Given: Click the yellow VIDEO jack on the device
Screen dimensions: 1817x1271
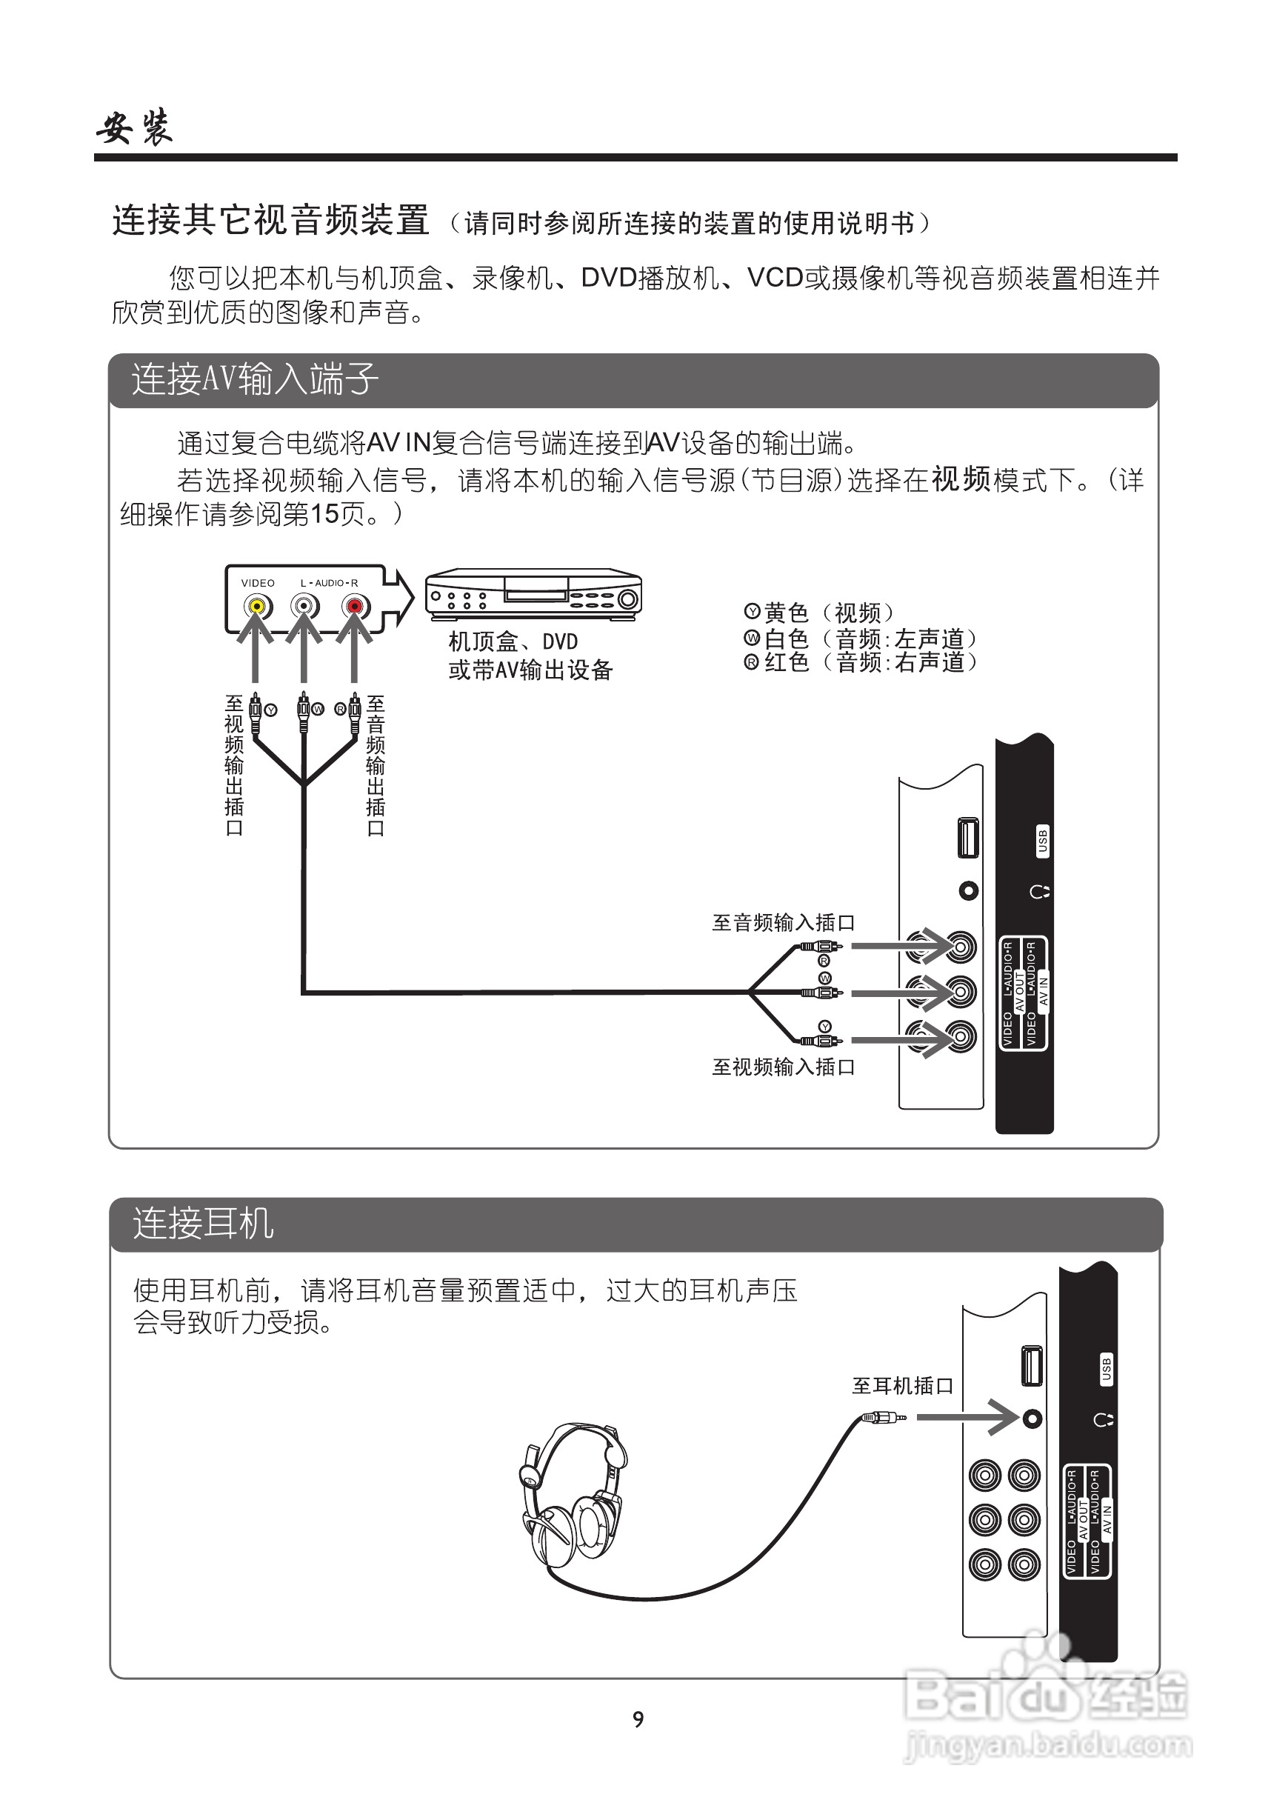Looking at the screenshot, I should [x=256, y=607].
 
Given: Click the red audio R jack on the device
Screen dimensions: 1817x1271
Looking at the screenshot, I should [x=355, y=607].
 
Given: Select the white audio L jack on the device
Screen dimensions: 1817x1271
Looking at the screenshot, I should [x=304, y=607].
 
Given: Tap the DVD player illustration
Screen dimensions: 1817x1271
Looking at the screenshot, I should [x=533, y=594].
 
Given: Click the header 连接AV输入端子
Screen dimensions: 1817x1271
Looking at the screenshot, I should [x=255, y=380].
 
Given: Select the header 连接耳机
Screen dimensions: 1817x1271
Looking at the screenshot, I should [x=203, y=1224].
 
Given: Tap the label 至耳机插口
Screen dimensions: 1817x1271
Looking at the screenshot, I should [x=902, y=1386].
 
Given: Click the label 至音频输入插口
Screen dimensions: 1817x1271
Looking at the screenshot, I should [x=784, y=923].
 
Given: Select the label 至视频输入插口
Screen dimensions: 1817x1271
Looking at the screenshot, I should [x=784, y=1067].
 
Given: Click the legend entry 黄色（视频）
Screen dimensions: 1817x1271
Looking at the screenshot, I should [x=820, y=613].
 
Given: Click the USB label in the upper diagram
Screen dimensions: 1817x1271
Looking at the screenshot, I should [x=1042, y=841].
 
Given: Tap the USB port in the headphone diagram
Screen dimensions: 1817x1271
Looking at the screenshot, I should [x=1032, y=1367].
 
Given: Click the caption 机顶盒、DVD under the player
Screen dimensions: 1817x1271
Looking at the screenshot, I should [x=513, y=641].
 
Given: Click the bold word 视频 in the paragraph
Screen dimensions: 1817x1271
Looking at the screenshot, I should [x=961, y=479].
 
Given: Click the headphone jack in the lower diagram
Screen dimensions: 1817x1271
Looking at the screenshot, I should [x=1032, y=1419].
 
